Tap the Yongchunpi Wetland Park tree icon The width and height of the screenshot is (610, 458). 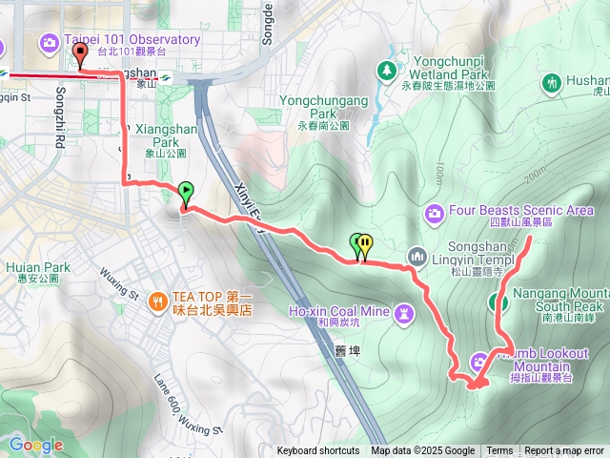(386, 70)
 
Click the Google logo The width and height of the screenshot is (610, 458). (36, 445)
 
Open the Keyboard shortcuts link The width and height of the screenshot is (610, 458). (318, 451)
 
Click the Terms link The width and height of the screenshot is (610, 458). (499, 451)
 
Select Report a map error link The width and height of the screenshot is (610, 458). (563, 451)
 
